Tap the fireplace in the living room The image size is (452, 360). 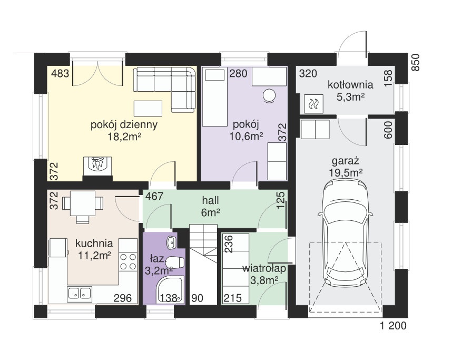[x=97, y=166]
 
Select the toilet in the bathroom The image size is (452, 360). [x=175, y=262]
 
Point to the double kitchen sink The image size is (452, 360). [x=80, y=294]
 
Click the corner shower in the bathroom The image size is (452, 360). [x=170, y=290]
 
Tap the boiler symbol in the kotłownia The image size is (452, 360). [x=313, y=103]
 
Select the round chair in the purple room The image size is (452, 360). [x=269, y=95]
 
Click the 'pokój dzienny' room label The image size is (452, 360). [x=124, y=125]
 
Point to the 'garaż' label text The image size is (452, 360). [x=345, y=161]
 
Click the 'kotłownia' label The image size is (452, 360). [x=350, y=85]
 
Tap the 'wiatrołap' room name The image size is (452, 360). [x=264, y=268]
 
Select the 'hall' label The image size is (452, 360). [x=210, y=200]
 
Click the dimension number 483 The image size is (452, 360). [x=60, y=73]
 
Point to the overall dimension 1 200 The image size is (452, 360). [x=393, y=326]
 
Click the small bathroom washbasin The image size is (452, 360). [x=171, y=242]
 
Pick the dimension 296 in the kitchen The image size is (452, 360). [x=123, y=298]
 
